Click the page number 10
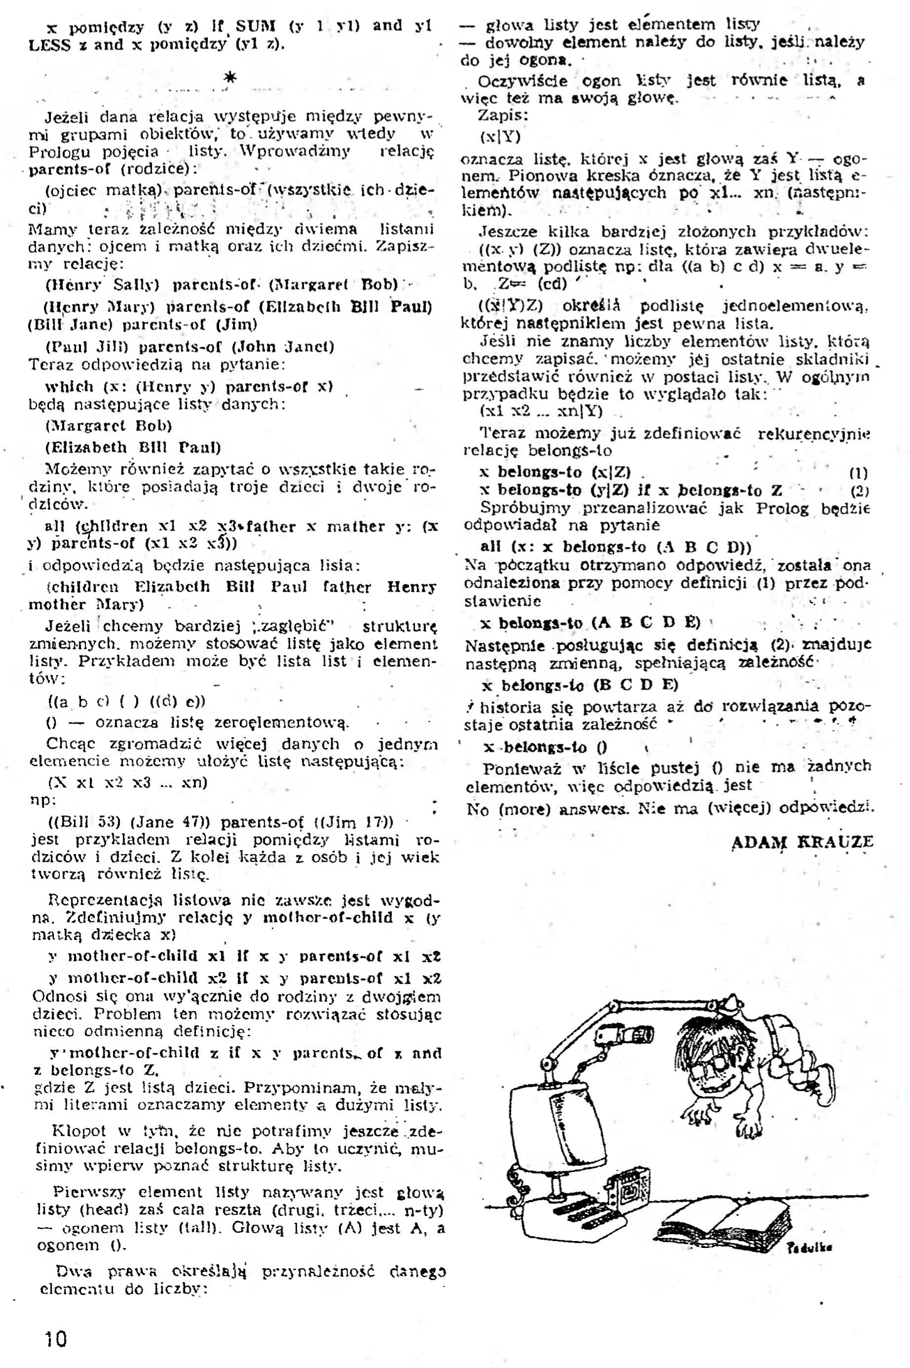[x=55, y=1339]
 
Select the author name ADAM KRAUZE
[x=802, y=841]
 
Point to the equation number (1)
[x=859, y=473]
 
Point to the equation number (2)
[x=859, y=491]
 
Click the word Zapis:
[x=502, y=116]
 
